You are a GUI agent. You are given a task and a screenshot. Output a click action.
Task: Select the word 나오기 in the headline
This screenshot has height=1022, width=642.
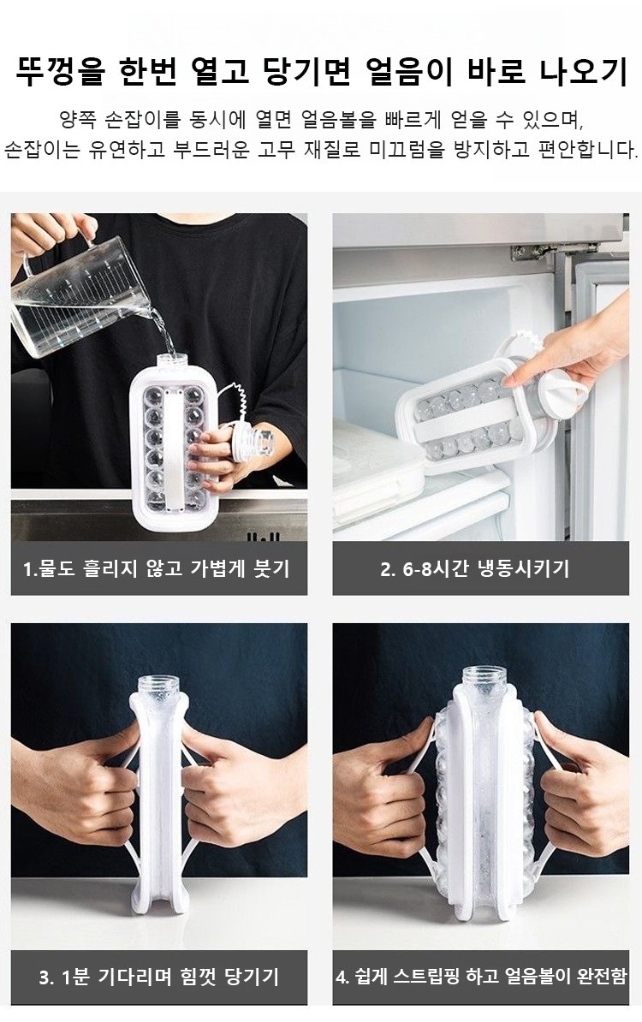point(583,72)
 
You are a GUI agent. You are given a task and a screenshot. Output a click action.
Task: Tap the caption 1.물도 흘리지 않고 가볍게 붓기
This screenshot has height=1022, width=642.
point(157,568)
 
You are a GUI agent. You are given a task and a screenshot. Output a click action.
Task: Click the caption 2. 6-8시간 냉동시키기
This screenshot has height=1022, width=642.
point(474,568)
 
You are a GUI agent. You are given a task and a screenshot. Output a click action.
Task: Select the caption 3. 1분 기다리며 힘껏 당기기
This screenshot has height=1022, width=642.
point(158,977)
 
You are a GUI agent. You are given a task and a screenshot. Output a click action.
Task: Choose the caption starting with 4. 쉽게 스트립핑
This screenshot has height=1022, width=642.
point(481,977)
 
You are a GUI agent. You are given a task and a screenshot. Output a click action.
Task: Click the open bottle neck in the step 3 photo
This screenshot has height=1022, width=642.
point(159,687)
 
